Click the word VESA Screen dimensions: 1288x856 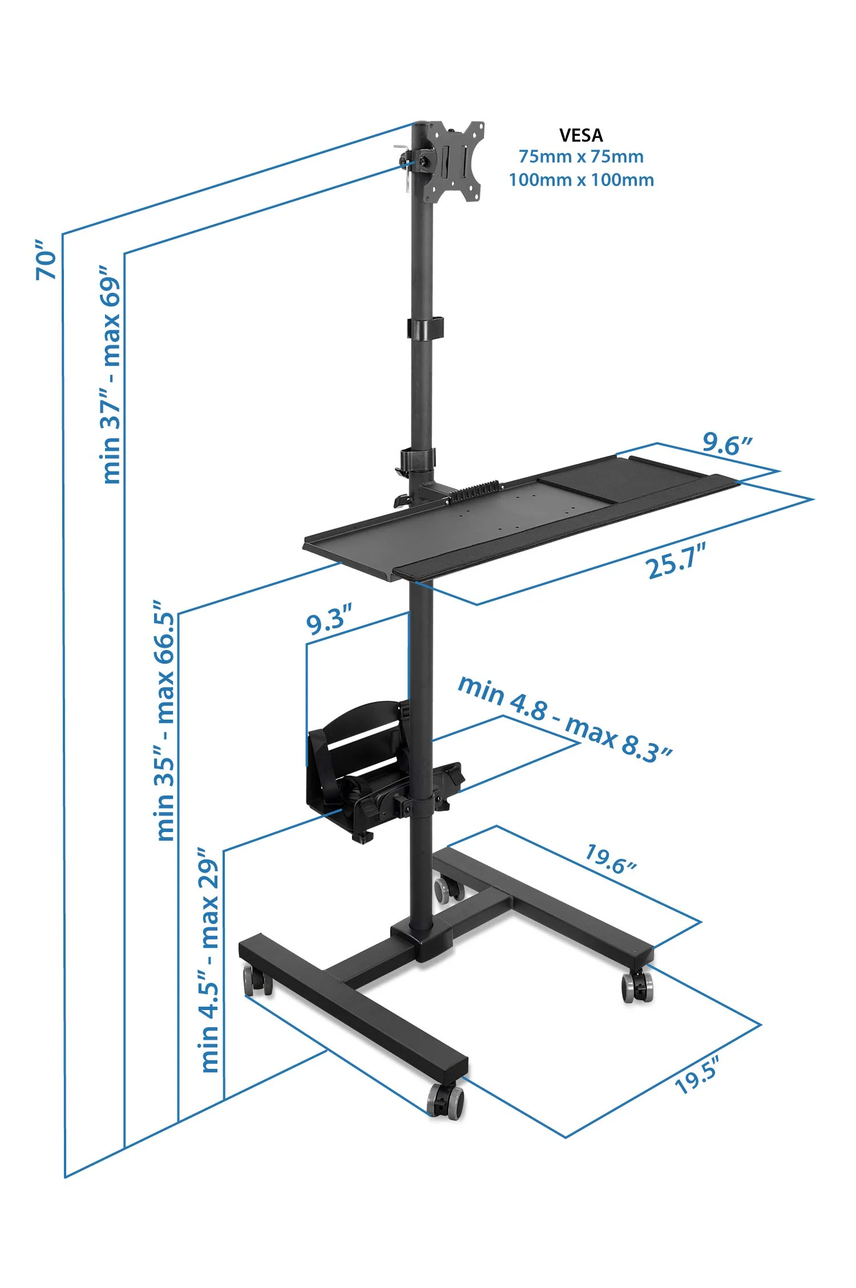tap(580, 135)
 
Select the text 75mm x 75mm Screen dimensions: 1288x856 tap(580, 156)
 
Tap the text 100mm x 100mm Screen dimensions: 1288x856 tap(580, 180)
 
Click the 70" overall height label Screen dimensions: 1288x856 tap(46, 260)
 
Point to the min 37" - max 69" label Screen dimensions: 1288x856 tap(111, 374)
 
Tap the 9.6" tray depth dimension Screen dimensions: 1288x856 tap(726, 443)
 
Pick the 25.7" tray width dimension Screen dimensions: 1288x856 tap(676, 560)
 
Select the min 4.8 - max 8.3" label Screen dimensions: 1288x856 tap(565, 719)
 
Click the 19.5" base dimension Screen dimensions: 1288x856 tap(696, 1076)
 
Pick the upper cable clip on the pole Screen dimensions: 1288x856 tap(425, 328)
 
